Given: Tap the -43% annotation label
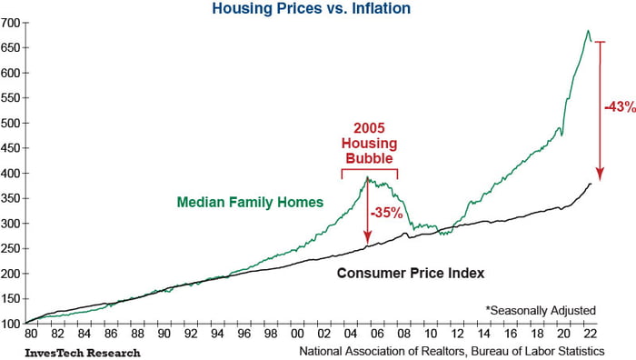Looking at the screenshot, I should (619, 108).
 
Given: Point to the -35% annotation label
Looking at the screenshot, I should (387, 214).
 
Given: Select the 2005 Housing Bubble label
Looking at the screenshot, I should (369, 142).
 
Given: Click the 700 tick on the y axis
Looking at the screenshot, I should (12, 22).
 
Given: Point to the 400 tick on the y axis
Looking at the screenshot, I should (12, 173).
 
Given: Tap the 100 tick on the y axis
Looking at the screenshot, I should (12, 324).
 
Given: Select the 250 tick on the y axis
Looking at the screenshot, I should (12, 248).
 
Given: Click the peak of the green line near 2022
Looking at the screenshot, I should (588, 31).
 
